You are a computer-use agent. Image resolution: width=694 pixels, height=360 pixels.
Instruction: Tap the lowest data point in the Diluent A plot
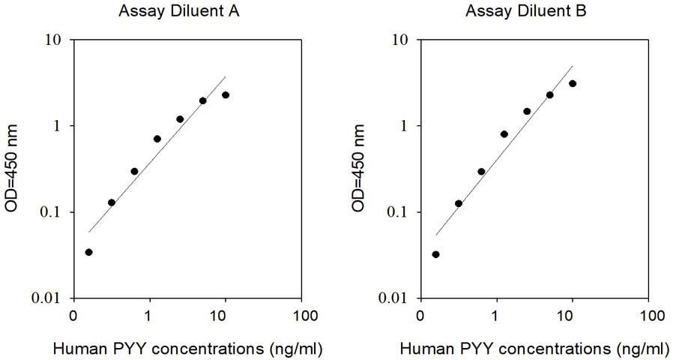(x=89, y=252)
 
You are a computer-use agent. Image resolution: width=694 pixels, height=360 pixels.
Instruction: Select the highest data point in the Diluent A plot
(x=226, y=94)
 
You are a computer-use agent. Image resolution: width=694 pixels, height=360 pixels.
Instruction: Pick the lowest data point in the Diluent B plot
(x=436, y=254)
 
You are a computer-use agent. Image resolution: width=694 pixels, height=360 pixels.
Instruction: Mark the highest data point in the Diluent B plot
(x=573, y=83)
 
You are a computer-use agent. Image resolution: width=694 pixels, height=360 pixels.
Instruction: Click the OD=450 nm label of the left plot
(x=13, y=169)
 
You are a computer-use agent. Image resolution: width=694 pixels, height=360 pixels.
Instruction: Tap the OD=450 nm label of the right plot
(x=360, y=169)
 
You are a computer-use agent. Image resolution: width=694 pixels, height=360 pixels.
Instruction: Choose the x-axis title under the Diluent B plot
(x=534, y=349)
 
